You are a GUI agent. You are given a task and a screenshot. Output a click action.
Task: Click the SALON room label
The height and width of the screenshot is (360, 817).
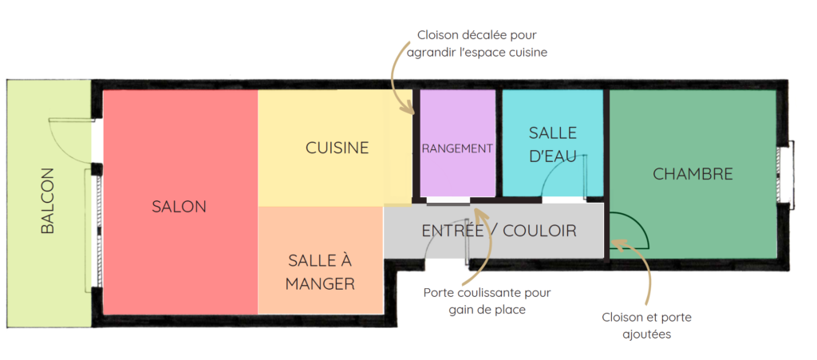[179, 206]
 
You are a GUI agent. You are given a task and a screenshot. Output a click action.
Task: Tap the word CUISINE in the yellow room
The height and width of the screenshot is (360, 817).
[337, 148]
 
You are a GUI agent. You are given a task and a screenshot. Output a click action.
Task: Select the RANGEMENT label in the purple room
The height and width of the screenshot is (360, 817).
[457, 148]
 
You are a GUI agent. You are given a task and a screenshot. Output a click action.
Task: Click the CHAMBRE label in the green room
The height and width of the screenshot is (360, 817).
[693, 174]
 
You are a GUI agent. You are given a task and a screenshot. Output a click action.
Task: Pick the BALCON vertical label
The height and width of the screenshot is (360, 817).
[48, 200]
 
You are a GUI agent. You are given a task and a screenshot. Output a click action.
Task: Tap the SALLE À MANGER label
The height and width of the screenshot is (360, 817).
[320, 271]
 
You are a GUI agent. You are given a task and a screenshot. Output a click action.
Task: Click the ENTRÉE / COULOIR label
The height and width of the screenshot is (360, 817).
[499, 231]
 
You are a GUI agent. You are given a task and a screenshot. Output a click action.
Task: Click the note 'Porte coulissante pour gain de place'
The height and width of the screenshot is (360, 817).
[487, 301]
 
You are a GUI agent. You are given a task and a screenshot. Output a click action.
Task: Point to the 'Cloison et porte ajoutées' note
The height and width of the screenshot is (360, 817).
[646, 326]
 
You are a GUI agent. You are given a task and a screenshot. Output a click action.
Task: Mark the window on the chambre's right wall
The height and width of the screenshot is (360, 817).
[785, 176]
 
